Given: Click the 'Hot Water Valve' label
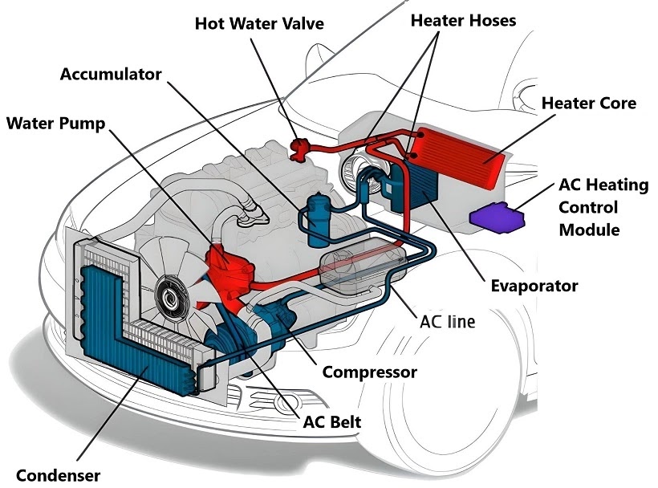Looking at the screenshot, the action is (x=259, y=23).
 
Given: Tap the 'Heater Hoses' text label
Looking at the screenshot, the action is (x=463, y=21).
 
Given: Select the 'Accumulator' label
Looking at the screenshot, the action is (x=111, y=75).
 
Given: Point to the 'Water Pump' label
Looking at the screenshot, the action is (x=56, y=124).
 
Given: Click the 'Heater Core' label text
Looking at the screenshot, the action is (x=589, y=104).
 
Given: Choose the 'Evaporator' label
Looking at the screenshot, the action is (x=534, y=287).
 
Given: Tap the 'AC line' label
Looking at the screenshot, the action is (x=447, y=322).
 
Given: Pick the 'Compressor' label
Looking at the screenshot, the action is (x=370, y=372).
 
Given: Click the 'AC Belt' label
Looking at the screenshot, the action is (x=332, y=422).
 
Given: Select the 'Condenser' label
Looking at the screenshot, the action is (x=58, y=475).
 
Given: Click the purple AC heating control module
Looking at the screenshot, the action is (x=497, y=218).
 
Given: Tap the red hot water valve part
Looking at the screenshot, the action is (x=300, y=149).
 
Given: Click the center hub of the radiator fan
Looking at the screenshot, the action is (x=171, y=296).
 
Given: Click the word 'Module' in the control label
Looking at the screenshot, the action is (x=589, y=230).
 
